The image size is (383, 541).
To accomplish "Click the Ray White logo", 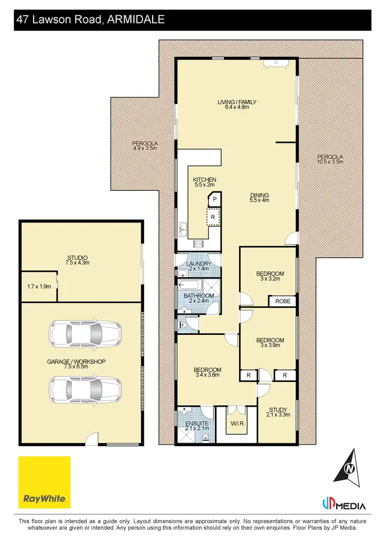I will pos(44,482).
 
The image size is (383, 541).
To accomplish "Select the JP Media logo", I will pos(344,505).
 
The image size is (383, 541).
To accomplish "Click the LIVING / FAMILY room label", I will pos(237,102).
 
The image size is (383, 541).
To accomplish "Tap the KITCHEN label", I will pos(204,180).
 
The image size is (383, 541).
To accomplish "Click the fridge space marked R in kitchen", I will pos(213,217).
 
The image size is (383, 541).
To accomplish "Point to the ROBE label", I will pos(282,301).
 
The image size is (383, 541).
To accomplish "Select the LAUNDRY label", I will pos(199,264).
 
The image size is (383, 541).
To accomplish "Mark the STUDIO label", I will pos(78,257).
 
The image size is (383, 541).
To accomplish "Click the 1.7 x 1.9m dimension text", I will pos(39,287).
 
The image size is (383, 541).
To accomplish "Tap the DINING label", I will pos(259,195).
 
